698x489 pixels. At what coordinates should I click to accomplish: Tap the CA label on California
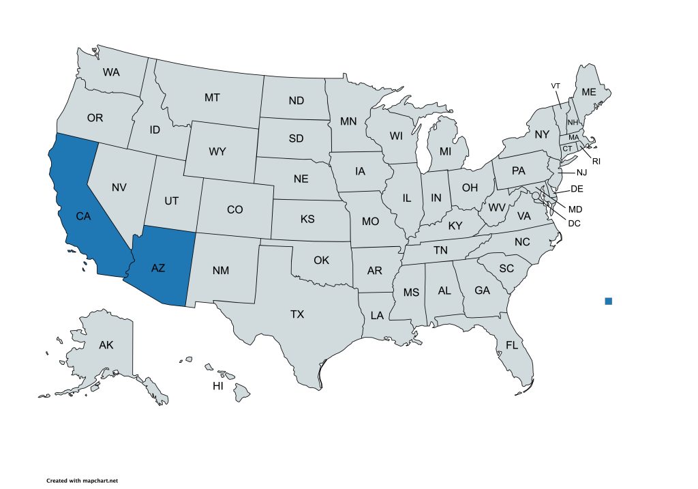[83, 216]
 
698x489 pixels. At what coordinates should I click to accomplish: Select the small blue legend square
[608, 301]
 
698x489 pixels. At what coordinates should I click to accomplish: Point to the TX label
[297, 314]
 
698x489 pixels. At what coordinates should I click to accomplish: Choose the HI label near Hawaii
[218, 386]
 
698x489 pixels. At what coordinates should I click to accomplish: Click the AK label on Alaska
[106, 345]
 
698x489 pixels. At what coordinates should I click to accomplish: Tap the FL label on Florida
[512, 345]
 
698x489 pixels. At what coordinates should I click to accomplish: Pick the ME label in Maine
[588, 92]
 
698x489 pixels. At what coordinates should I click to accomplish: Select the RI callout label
[596, 162]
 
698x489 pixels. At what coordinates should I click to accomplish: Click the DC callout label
[574, 223]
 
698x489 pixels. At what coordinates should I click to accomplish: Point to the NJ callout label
[581, 173]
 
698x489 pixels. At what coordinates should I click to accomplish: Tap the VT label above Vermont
[556, 85]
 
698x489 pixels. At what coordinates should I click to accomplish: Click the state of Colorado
[234, 209]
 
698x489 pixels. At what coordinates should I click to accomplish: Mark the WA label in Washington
[111, 72]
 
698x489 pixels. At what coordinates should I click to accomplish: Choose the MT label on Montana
[212, 98]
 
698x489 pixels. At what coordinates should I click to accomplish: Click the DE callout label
[577, 188]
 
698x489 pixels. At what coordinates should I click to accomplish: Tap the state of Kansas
[307, 220]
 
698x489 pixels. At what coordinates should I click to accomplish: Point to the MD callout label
[575, 209]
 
